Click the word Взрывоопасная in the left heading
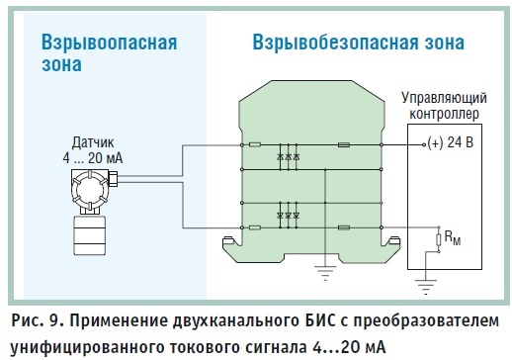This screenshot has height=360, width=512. coord(110,44)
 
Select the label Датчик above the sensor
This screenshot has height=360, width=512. coord(93,142)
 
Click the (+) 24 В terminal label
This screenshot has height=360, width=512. coord(450,142)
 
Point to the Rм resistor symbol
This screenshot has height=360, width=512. coord(439,239)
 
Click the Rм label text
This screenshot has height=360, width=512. coord(453,237)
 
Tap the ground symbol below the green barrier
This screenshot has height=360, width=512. coord(325,273)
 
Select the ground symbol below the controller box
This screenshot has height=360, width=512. coord(425,287)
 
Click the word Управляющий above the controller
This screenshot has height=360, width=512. coord(444,99)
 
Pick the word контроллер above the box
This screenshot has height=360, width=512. coord(444,114)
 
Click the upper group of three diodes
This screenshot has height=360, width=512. coord(288,157)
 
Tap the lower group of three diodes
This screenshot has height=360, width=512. coord(288,216)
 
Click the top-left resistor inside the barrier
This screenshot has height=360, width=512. coord(255,144)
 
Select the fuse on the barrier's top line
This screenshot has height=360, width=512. coord(344,144)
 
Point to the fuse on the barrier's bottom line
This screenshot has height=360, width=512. coord(344,227)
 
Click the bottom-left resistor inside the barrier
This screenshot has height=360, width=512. coord(255,227)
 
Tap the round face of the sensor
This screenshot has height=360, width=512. coord(90,190)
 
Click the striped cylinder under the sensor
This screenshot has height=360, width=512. coord(90,235)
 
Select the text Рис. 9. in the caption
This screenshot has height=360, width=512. coord(37,320)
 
